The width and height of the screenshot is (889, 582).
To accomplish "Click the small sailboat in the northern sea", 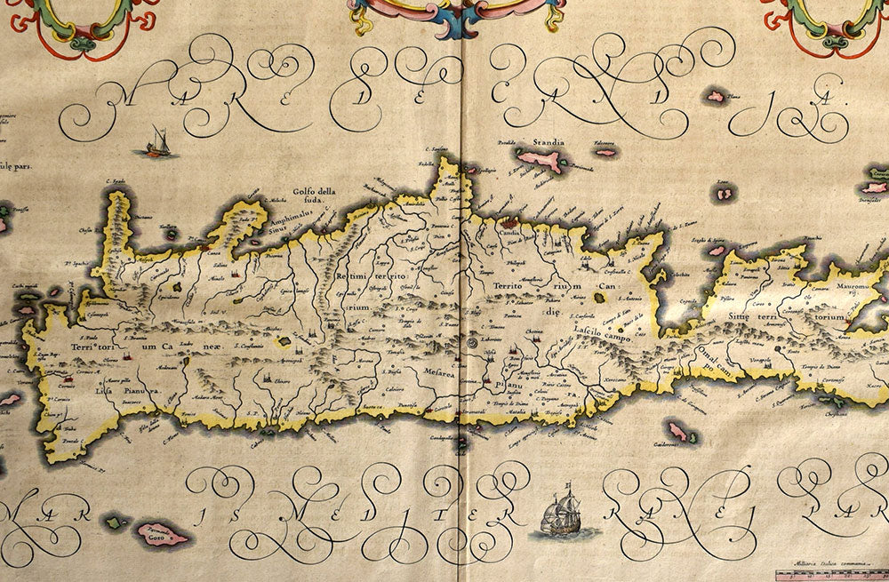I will click(157, 143).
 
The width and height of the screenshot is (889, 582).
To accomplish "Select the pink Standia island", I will click(541, 161).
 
